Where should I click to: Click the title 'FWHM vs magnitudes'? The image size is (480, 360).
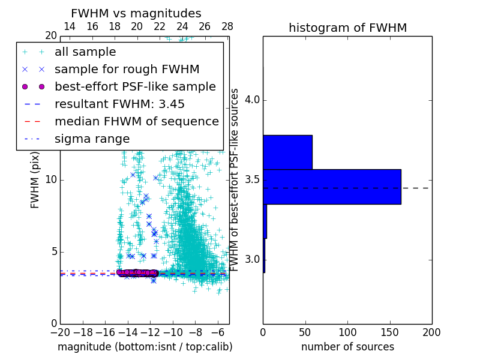tap(136, 13)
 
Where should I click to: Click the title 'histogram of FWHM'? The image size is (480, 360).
tap(347, 28)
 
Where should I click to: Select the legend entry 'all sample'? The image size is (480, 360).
tap(85, 52)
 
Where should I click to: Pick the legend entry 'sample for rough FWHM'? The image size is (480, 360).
tap(127, 70)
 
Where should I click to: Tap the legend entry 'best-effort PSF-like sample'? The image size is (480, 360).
tap(135, 87)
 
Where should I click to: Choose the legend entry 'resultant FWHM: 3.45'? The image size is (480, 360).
tap(118, 104)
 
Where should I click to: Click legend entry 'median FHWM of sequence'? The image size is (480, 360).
tap(137, 122)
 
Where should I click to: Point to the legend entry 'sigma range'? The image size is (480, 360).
tap(92, 139)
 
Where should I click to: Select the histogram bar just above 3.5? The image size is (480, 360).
tap(287, 152)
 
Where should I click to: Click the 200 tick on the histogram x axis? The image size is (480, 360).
tap(431, 332)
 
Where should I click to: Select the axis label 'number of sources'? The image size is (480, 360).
tap(347, 347)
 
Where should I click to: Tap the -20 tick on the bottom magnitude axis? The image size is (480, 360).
tap(60, 332)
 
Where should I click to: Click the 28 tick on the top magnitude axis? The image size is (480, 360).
tap(227, 26)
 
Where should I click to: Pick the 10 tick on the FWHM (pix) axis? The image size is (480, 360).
tap(52, 180)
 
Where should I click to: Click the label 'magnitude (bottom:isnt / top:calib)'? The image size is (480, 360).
tap(145, 347)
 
